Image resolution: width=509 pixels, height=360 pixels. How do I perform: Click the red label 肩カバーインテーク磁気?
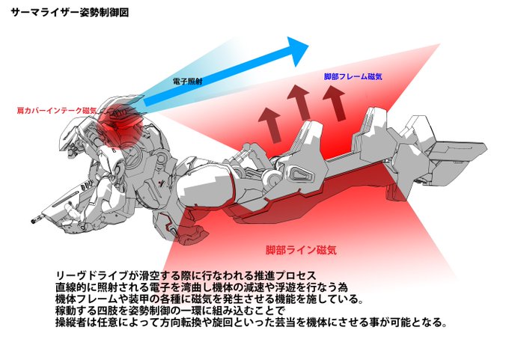click(x=52, y=110)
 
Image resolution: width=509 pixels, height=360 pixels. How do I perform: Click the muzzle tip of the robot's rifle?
click(x=34, y=221)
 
